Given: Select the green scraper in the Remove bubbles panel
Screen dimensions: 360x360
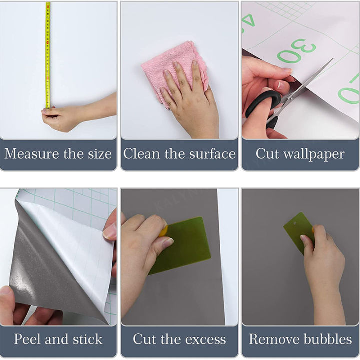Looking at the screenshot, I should tap(298, 232).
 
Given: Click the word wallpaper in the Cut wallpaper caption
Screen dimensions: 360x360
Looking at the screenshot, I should tap(314, 154).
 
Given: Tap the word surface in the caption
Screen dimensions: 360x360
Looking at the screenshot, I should tap(209, 154).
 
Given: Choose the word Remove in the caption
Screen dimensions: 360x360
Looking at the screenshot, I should tap(273, 339).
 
